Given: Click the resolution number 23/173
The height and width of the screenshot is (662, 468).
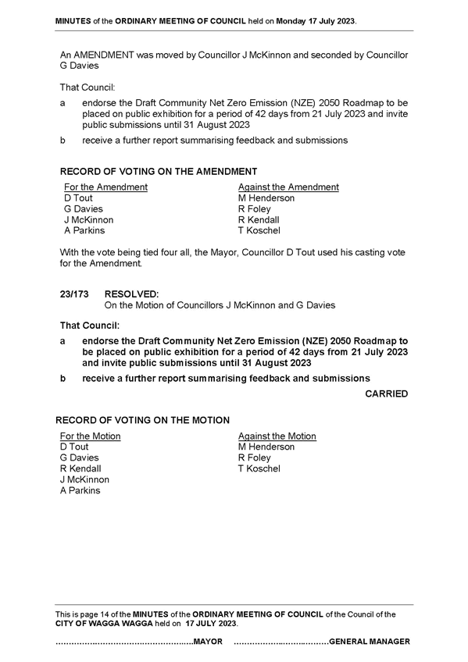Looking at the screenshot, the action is tap(74, 294).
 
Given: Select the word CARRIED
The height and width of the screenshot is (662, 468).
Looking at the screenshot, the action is tap(387, 394).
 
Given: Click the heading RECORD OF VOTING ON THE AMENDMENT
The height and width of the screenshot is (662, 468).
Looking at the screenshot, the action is tap(159, 172).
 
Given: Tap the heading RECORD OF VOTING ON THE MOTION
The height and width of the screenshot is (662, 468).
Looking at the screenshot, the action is tap(143, 421).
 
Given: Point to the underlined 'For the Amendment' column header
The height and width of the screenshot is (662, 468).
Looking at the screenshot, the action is tap(105, 187).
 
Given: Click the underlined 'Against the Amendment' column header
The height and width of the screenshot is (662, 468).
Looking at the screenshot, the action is tap(288, 187).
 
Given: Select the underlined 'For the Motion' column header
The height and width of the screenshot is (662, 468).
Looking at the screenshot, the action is tap(91, 436).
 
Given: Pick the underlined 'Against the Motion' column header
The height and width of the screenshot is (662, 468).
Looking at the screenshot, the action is tap(277, 436).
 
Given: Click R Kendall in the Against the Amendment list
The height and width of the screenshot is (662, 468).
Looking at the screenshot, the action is tap(259, 220).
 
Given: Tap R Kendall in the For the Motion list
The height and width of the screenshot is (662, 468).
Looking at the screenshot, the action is tap(80, 468).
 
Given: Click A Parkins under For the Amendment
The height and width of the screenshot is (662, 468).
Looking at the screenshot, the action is tap(84, 230).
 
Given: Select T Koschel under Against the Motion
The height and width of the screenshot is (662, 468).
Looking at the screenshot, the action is tap(259, 468).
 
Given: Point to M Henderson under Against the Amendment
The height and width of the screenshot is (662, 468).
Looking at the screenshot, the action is tap(266, 198).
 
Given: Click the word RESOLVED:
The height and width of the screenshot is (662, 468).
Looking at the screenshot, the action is tap(131, 294).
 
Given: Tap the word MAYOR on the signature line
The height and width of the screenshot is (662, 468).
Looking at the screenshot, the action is tap(208, 642).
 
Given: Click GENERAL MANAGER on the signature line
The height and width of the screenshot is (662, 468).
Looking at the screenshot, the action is tap(369, 642).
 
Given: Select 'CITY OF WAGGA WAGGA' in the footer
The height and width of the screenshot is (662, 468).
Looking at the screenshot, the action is tap(104, 624).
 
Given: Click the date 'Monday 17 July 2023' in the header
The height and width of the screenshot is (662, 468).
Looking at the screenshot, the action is tap(316, 21).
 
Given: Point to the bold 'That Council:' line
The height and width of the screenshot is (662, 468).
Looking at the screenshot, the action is tap(90, 326).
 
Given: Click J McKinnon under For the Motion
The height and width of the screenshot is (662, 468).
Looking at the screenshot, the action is tap(84, 479).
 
